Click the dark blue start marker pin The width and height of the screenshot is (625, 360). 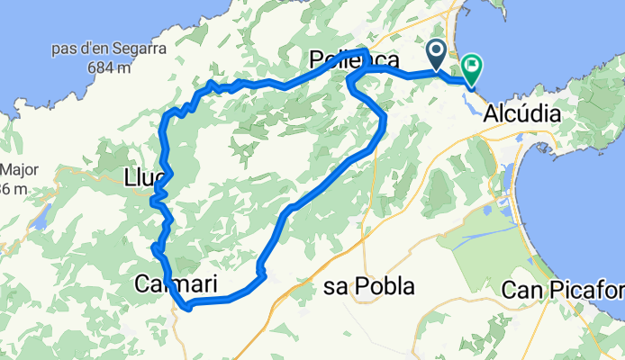437,53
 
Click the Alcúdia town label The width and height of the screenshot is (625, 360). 521,114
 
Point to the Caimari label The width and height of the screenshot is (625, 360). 176,284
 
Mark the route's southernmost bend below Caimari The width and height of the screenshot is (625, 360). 187,308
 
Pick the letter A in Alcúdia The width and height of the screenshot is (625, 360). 491,114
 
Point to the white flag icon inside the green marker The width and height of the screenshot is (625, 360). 472,65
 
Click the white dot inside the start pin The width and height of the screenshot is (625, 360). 437,50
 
